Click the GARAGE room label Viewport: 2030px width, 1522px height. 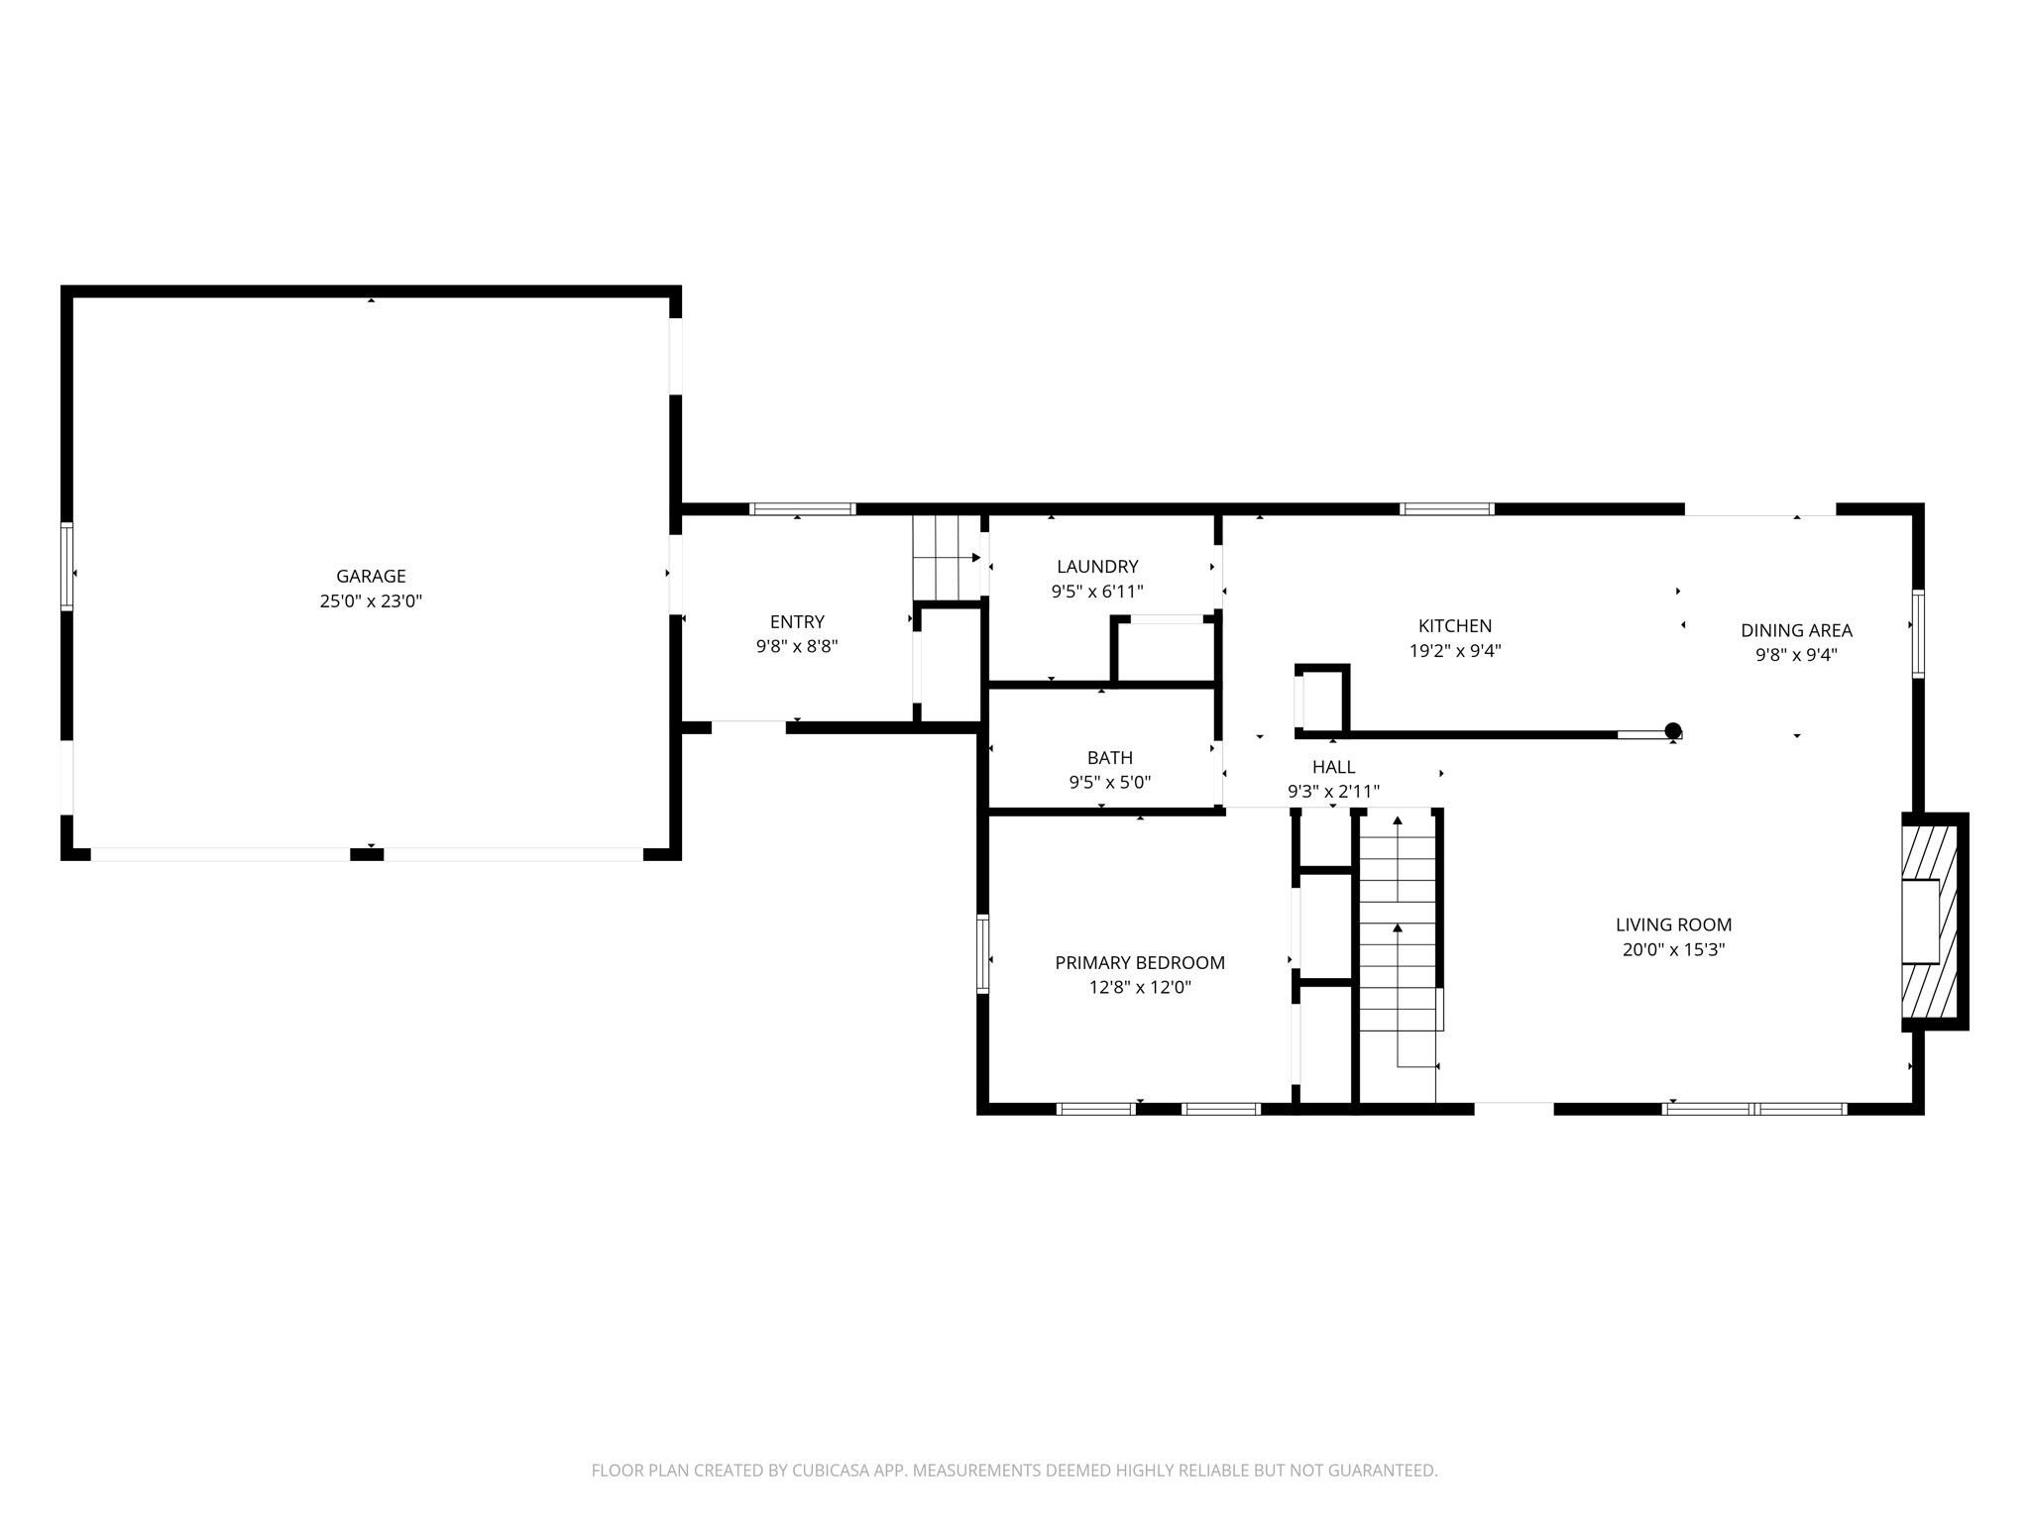(371, 576)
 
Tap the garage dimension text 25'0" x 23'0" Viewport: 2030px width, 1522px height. (371, 600)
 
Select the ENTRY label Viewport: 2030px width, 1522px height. (797, 621)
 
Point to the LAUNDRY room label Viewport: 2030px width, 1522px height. (1097, 567)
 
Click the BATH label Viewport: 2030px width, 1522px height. (1110, 758)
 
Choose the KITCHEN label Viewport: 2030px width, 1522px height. (1455, 626)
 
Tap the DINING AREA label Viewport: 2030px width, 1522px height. (1796, 630)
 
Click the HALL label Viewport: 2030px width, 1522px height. (1333, 767)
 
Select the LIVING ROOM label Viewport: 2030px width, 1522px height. (1674, 924)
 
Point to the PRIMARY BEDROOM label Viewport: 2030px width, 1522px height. (1140, 962)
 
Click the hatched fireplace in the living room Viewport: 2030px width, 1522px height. (1932, 922)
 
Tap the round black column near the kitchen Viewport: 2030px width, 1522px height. (1673, 731)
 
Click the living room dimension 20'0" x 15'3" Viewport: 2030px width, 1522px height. (1674, 949)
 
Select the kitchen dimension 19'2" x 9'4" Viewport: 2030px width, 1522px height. (1455, 651)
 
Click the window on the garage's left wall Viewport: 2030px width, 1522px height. (67, 566)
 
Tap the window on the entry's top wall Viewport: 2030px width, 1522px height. (802, 509)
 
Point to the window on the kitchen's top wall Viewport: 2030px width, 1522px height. (1447, 509)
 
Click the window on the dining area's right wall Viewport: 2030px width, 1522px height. (1918, 634)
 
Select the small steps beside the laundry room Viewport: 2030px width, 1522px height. (947, 558)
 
